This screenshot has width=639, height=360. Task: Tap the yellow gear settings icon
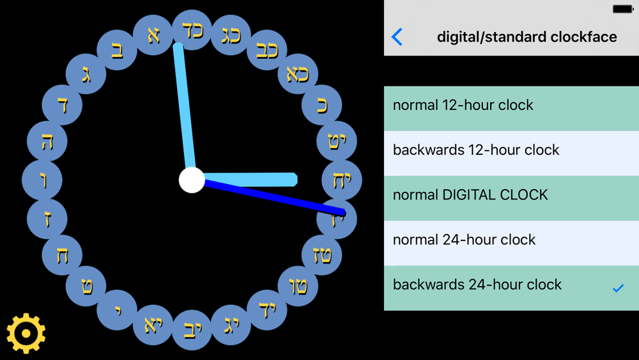(26, 334)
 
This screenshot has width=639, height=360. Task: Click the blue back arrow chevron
(397, 37)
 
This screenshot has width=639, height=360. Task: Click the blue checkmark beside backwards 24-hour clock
(618, 288)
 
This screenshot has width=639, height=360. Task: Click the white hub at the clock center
(192, 180)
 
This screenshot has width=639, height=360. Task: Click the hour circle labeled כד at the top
(192, 30)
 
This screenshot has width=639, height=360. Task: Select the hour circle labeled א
(153, 35)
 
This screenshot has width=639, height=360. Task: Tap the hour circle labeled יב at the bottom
(192, 330)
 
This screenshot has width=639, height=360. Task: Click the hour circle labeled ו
(42, 180)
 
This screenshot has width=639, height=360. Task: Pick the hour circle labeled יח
(341, 180)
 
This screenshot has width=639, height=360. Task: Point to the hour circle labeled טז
(321, 254)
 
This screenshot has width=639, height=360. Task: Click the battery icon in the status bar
(622, 9)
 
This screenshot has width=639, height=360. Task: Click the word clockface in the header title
(583, 37)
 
